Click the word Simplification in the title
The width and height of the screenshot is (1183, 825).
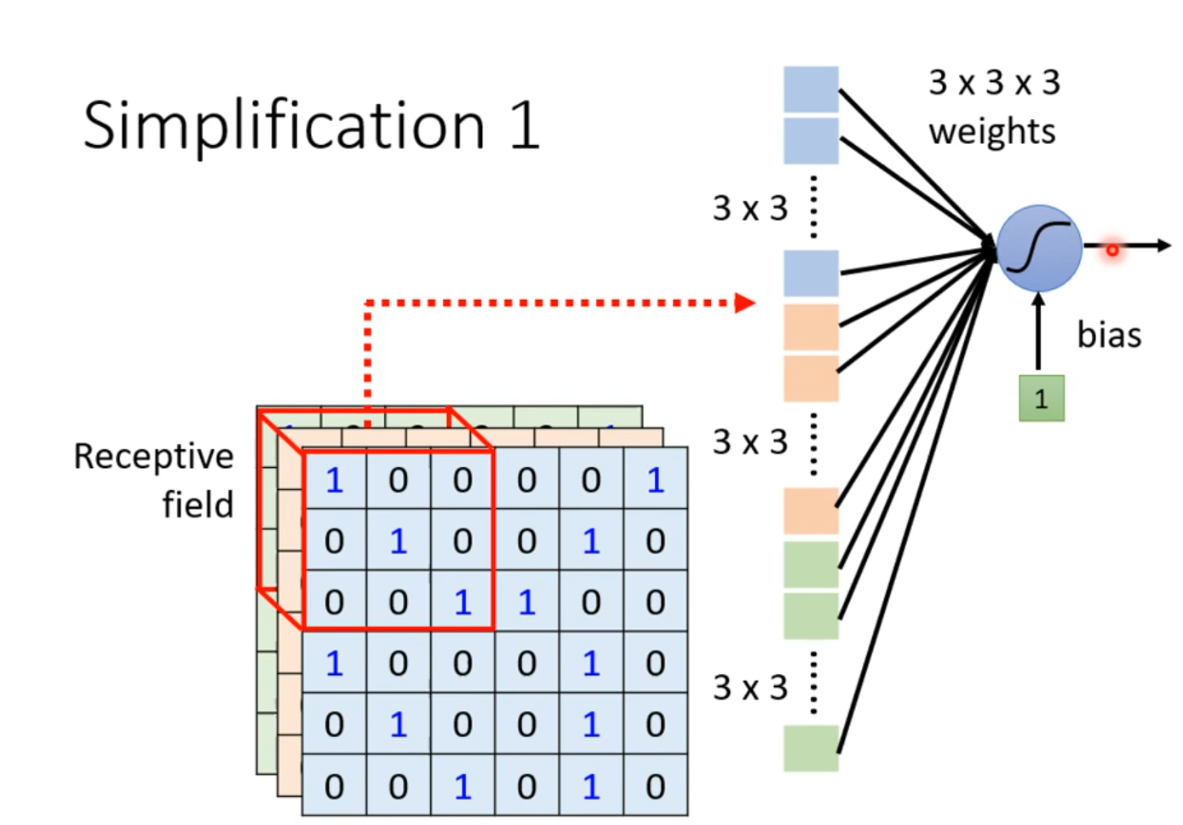[x=284, y=125]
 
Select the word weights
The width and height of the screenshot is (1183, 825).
[x=992, y=132]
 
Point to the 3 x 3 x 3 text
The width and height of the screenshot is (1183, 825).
[x=994, y=83]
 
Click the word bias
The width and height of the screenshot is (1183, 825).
[x=1109, y=335]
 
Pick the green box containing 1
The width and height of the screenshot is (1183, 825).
[x=1041, y=398]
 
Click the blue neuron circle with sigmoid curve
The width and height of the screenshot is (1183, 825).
[x=1039, y=248]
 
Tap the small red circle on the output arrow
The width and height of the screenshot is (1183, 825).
[x=1112, y=250]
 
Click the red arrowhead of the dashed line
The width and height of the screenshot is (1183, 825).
[x=745, y=303]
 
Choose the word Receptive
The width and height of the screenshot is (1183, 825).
[x=153, y=456]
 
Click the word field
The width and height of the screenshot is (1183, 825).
[x=198, y=505]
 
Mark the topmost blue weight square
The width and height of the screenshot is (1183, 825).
[x=811, y=89]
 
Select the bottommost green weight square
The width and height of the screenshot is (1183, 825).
[x=811, y=747]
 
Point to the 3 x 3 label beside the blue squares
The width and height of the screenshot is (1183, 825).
[x=750, y=208]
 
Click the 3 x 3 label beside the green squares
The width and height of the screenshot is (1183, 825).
[x=750, y=687]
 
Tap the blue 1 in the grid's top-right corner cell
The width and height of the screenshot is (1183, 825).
[x=655, y=481]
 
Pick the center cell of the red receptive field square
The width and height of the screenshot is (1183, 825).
[x=399, y=541]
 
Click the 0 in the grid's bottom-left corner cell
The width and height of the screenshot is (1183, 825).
[x=334, y=787]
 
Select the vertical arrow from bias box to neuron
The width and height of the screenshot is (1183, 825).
[x=1038, y=332]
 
